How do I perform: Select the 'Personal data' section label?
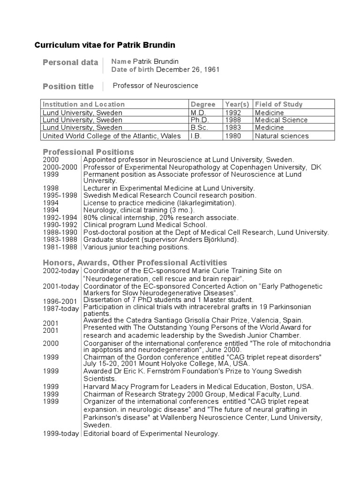[70, 62]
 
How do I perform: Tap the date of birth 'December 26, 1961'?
[187, 70]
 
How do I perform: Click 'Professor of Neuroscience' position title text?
[156, 86]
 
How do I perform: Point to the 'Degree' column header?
[203, 104]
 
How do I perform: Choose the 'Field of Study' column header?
[279, 104]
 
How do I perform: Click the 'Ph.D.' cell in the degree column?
[199, 120]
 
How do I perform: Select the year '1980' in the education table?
[234, 136]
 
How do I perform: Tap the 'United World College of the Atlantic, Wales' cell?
[111, 136]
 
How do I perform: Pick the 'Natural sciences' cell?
[282, 136]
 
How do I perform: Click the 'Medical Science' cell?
[281, 120]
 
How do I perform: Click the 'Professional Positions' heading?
[88, 152]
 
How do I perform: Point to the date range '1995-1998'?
[59, 195]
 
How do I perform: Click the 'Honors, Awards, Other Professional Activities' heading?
[135, 262]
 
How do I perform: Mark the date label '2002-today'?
[61, 271]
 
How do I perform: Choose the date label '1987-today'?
[61, 308]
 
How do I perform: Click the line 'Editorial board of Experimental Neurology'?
[151, 434]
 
